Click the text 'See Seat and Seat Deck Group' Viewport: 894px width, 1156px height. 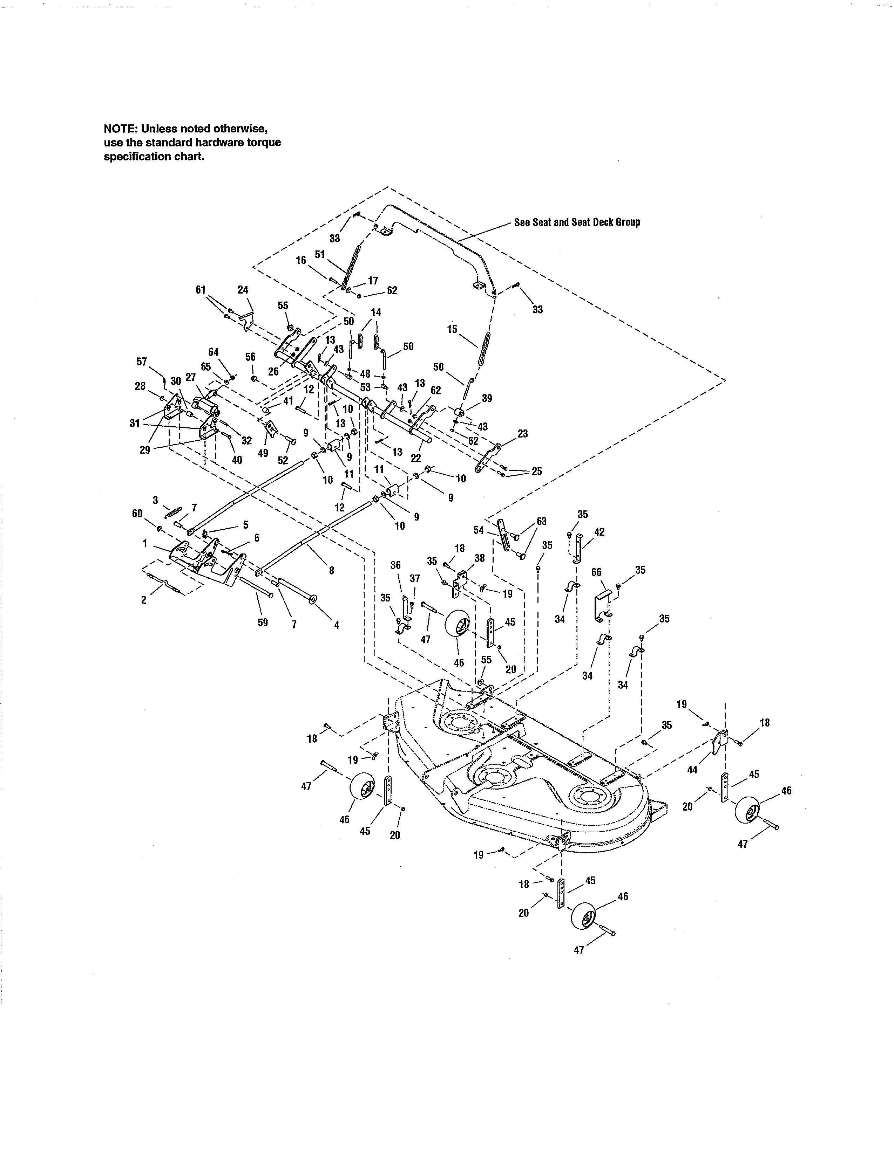click(x=577, y=222)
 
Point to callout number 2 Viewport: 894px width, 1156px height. click(x=143, y=600)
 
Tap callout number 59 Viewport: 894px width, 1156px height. click(x=262, y=622)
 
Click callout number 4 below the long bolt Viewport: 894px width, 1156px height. click(x=336, y=625)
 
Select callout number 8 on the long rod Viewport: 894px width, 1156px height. click(x=332, y=571)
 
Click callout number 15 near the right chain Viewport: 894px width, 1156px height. click(x=452, y=329)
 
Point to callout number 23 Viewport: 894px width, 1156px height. click(x=522, y=434)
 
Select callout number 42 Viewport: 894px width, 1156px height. click(x=599, y=532)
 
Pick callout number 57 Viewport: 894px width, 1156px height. click(x=141, y=362)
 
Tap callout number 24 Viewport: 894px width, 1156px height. click(x=243, y=290)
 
